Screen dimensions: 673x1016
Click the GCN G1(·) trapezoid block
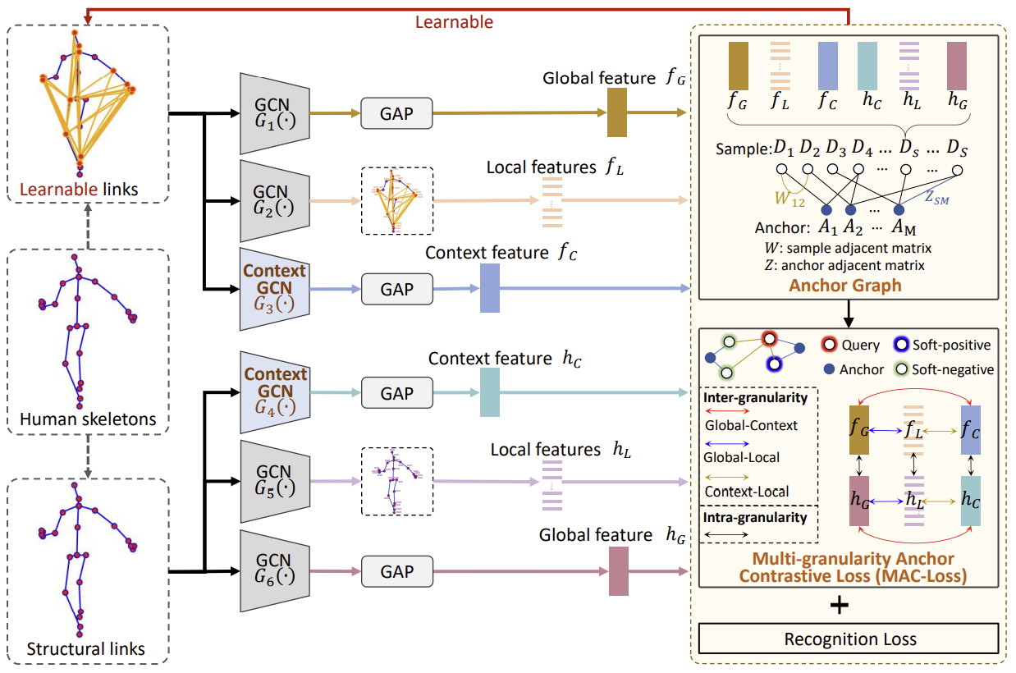click(274, 114)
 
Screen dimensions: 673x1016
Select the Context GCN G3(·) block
click(274, 290)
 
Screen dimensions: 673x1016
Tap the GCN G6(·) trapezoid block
click(274, 571)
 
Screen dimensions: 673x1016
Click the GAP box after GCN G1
click(396, 114)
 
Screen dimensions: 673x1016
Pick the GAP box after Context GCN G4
click(396, 393)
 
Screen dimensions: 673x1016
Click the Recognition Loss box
click(848, 639)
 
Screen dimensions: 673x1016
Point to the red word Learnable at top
click(454, 22)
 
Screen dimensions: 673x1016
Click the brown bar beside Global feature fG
click(617, 112)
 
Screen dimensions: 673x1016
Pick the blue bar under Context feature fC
click(490, 288)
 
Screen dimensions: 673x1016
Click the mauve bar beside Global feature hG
click(619, 571)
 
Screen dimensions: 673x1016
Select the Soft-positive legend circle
click(902, 346)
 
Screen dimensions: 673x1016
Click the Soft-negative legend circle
click(901, 370)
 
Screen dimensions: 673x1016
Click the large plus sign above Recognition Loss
click(839, 606)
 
